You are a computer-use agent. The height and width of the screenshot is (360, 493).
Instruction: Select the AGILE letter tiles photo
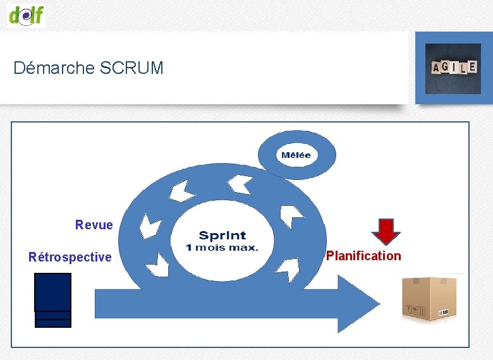click(453, 68)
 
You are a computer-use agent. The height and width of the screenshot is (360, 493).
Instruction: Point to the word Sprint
click(222, 236)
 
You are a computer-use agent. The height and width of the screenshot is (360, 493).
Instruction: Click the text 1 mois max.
click(222, 247)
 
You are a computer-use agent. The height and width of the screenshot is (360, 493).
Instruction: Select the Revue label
click(94, 225)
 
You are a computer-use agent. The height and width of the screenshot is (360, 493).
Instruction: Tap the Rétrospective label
click(70, 257)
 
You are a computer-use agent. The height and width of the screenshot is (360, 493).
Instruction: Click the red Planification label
click(363, 256)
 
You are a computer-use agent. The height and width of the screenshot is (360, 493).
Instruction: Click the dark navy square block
click(52, 292)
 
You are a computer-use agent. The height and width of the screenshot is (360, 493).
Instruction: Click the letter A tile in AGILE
click(436, 68)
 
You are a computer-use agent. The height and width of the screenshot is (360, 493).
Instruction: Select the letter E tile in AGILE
click(472, 66)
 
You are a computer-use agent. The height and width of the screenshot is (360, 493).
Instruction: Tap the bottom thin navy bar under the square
click(52, 323)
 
